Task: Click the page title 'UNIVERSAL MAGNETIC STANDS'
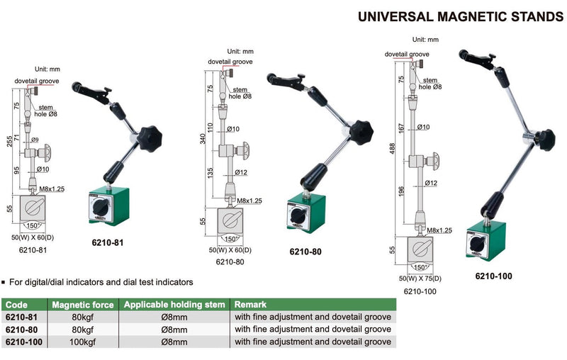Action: tap(461, 16)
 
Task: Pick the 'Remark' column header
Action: tap(251, 305)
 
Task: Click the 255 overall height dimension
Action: tap(9, 141)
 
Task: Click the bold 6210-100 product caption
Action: tap(495, 276)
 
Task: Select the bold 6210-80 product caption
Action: tap(308, 251)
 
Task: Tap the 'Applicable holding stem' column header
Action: tap(173, 305)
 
